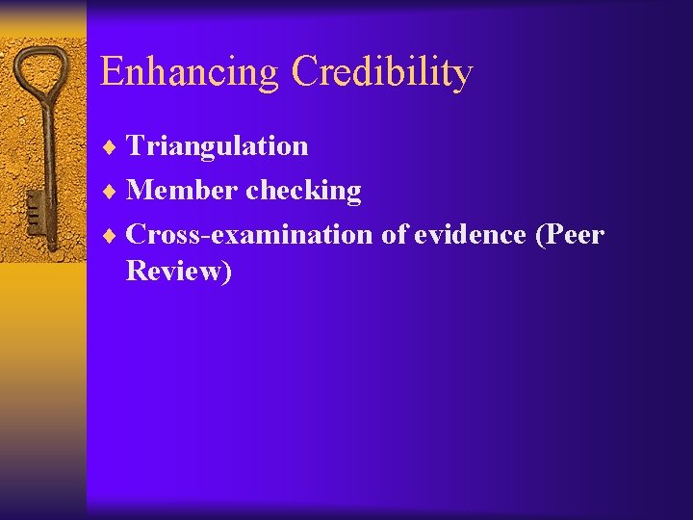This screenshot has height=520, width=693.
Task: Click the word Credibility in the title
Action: pyautogui.click(x=382, y=72)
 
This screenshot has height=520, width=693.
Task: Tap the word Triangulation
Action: pyautogui.click(x=217, y=146)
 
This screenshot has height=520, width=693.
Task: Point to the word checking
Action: pyautogui.click(x=303, y=192)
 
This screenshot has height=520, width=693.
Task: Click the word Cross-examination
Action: pyautogui.click(x=249, y=234)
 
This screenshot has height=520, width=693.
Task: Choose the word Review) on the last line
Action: pyautogui.click(x=179, y=272)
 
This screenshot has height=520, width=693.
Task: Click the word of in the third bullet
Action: pyautogui.click(x=395, y=234)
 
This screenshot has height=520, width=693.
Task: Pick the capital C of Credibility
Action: pyautogui.click(x=305, y=72)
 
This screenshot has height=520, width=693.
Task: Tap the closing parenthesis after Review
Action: pyautogui.click(x=227, y=273)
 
